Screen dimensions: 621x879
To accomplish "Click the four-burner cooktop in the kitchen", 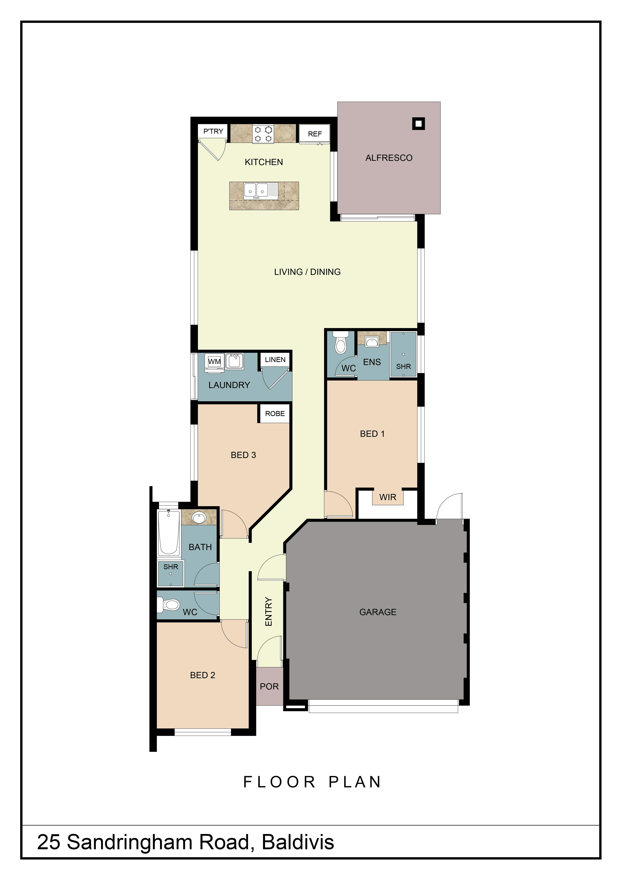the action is click(263, 134).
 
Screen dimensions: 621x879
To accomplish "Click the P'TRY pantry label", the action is click(213, 131).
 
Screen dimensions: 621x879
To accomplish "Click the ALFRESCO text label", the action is click(389, 158).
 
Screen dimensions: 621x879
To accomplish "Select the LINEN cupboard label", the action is click(275, 360).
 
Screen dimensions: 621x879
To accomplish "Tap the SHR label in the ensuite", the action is click(403, 366).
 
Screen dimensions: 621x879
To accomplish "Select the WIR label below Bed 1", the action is click(388, 497).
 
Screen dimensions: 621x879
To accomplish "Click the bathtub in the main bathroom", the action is click(168, 532).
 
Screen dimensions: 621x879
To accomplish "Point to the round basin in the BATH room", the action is click(199, 518).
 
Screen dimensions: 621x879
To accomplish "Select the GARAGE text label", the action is click(378, 612).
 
